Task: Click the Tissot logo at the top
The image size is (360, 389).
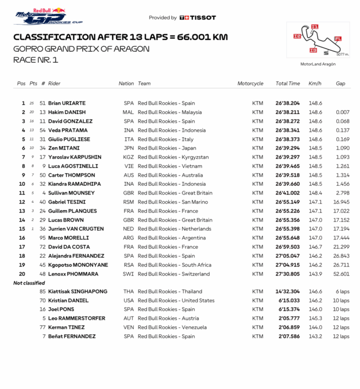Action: (198, 18)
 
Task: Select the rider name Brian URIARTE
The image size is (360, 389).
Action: (67, 103)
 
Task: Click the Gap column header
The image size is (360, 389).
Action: (340, 84)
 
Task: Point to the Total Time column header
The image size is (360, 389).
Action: (288, 84)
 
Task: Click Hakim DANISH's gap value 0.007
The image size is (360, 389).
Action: (342, 112)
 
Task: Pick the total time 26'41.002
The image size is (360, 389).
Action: (288, 193)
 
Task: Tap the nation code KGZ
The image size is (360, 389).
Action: (129, 157)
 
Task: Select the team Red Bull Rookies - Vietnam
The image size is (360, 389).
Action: (170, 166)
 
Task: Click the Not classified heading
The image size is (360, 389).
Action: (29, 283)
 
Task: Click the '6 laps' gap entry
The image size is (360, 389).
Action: (341, 291)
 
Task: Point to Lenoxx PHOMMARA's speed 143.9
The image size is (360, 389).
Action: (315, 274)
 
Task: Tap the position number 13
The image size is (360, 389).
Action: (22, 211)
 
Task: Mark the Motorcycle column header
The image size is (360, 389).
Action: (250, 84)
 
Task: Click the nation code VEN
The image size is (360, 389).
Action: (129, 327)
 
